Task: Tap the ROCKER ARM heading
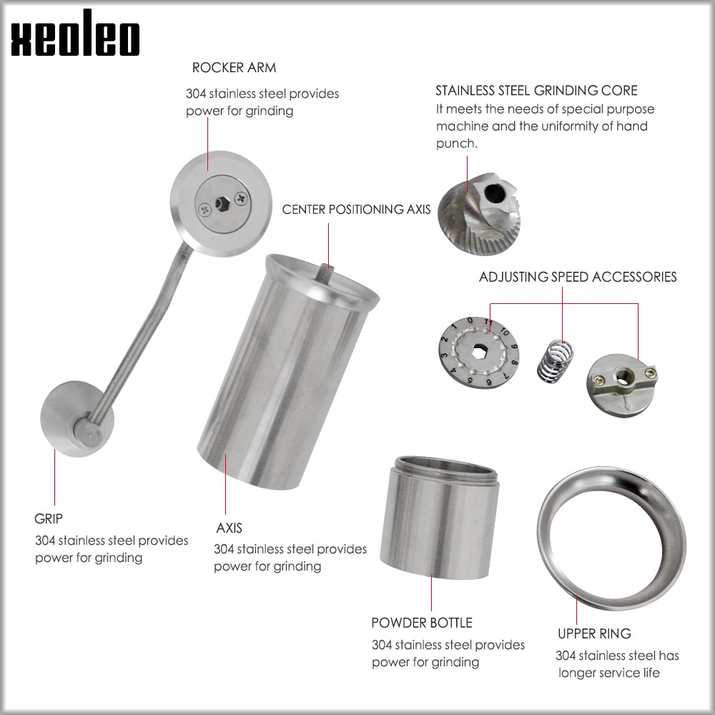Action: point(234,68)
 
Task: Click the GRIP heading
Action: point(49,518)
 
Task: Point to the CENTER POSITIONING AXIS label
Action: point(356,209)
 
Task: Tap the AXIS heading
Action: point(229,528)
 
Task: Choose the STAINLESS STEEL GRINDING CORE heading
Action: point(536,91)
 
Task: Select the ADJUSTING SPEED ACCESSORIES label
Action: point(578,277)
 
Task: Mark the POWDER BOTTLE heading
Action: point(421,623)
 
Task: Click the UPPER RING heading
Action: point(594,633)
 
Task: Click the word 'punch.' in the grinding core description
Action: point(456,143)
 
